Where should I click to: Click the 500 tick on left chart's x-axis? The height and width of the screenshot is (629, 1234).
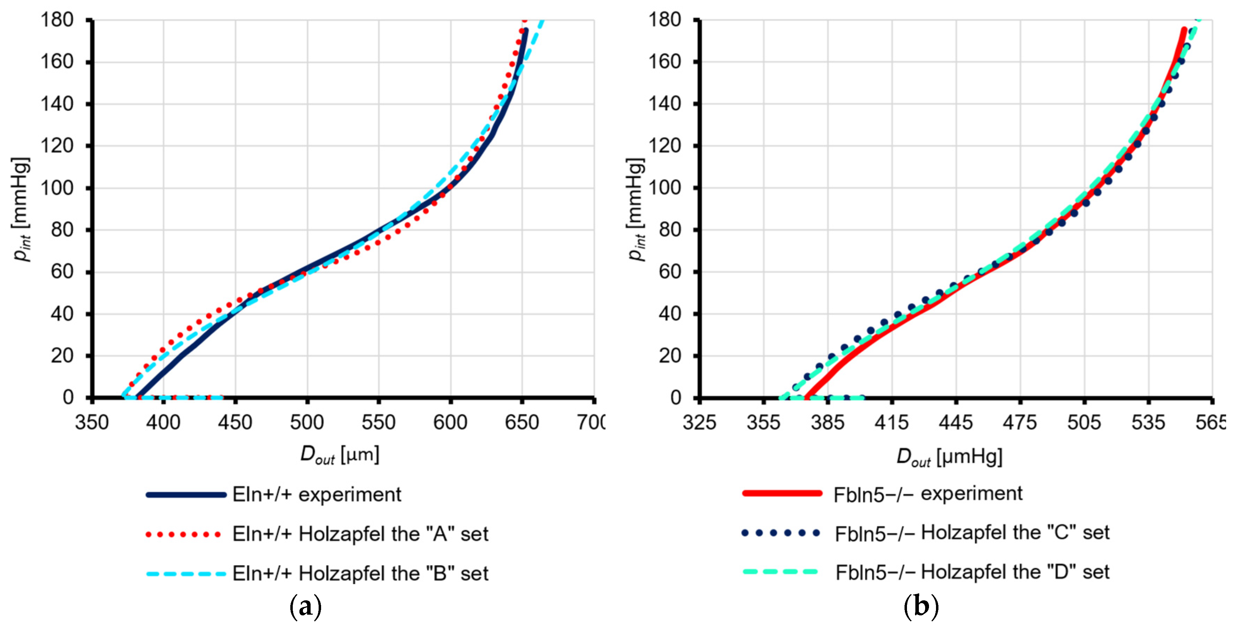pyautogui.click(x=307, y=422)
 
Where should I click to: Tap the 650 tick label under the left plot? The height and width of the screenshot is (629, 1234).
pyautogui.click(x=522, y=422)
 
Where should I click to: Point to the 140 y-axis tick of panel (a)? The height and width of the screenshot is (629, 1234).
pyautogui.click(x=57, y=104)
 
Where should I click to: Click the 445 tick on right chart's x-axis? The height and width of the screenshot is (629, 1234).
pyautogui.click(x=956, y=422)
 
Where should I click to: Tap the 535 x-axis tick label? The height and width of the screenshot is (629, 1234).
pyautogui.click(x=1148, y=422)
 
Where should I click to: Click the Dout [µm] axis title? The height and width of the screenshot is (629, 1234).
pyautogui.click(x=340, y=455)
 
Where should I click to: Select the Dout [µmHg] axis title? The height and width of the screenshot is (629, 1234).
pyautogui.click(x=949, y=457)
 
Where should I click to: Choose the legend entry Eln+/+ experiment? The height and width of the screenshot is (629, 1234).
pyautogui.click(x=317, y=494)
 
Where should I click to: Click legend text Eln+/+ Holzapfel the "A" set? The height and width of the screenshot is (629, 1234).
pyautogui.click(x=360, y=534)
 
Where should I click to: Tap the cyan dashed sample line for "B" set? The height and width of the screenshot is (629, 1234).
pyautogui.click(x=186, y=573)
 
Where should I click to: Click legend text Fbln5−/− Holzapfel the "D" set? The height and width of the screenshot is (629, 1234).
pyautogui.click(x=972, y=572)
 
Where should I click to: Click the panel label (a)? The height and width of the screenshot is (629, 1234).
pyautogui.click(x=306, y=607)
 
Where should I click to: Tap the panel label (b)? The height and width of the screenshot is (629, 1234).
pyautogui.click(x=921, y=607)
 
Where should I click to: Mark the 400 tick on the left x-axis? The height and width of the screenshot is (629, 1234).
pyautogui.click(x=163, y=422)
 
